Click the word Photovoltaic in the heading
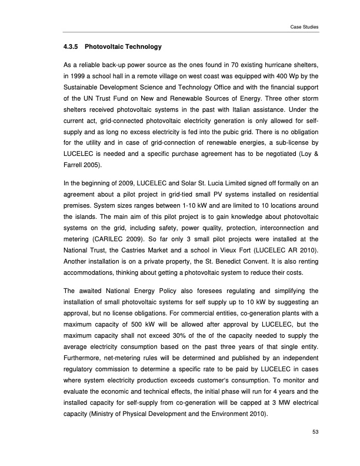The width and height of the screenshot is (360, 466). (106, 46)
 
